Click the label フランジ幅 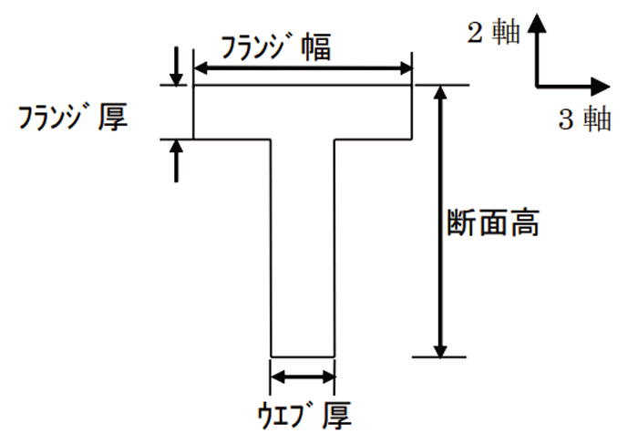coord(275,47)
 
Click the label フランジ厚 coord(73,118)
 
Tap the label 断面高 coord(493,222)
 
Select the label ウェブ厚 coord(304,416)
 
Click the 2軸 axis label coord(494,32)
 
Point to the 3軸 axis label coord(585,119)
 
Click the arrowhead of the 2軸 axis coord(537,23)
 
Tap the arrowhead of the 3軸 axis coord(601,87)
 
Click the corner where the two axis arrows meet coord(538,87)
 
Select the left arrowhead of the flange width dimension coord(201,68)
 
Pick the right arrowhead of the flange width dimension coord(406,68)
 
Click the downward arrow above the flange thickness coord(176,67)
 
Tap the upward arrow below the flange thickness coord(176,160)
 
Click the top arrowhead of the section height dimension coord(440,92)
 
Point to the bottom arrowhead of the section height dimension coord(440,350)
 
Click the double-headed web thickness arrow coord(303,377)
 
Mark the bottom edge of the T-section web coord(303,356)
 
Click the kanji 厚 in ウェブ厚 coord(337,416)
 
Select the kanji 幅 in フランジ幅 coord(315,48)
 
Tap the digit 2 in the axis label coord(475,33)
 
